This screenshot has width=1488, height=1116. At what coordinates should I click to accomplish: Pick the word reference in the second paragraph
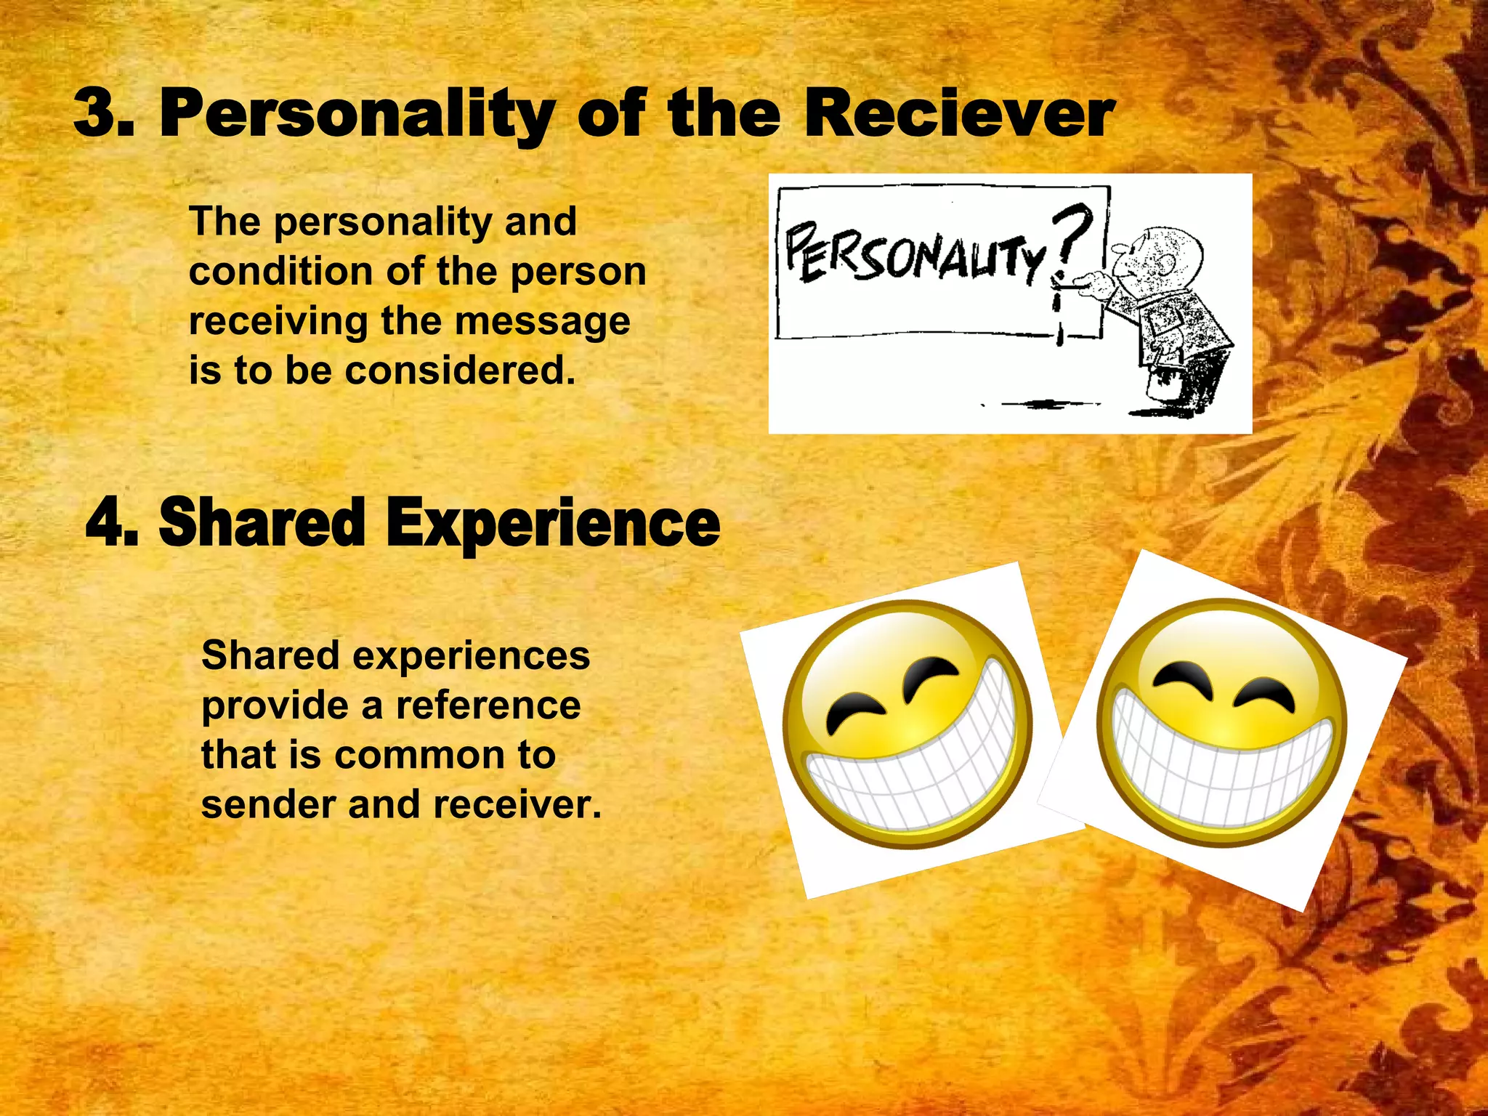click(x=488, y=705)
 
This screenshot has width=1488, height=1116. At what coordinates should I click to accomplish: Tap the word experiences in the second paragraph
click(x=472, y=655)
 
